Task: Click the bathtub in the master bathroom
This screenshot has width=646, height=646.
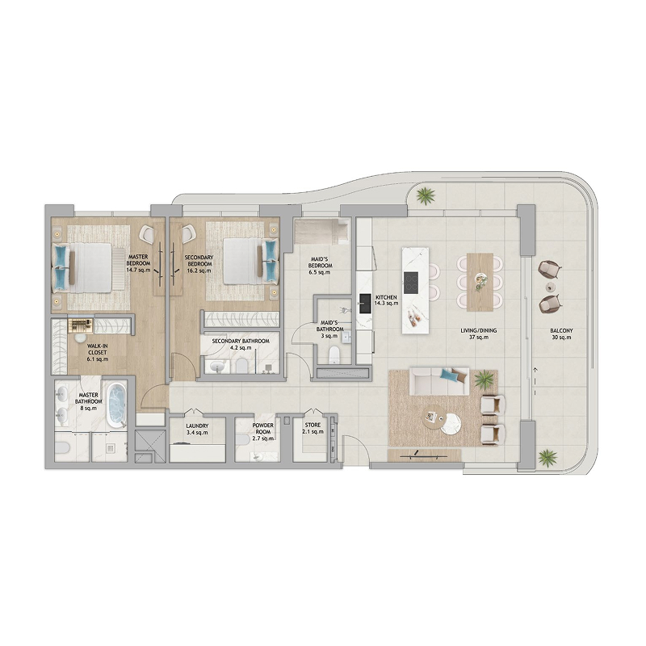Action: (116, 405)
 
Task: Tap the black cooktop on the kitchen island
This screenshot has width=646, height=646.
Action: (411, 283)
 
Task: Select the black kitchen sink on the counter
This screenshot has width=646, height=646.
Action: (365, 304)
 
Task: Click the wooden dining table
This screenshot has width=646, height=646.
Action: (480, 282)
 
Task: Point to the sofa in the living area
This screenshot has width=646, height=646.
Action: (439, 381)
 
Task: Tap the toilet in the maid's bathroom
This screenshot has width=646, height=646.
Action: (334, 354)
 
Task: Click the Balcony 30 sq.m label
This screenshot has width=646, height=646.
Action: (561, 334)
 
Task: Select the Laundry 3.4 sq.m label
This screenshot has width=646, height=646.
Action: (197, 430)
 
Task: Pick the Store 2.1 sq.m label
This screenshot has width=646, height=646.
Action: (313, 429)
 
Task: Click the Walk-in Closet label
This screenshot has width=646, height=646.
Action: (97, 353)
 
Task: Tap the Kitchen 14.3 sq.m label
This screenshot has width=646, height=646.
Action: (386, 300)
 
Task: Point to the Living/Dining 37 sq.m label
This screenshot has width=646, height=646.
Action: (478, 333)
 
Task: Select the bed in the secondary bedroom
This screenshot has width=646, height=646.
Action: (250, 261)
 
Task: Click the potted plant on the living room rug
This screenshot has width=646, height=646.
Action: (485, 380)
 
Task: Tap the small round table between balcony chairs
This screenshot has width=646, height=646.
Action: (550, 287)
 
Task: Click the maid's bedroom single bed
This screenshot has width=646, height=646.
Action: (322, 232)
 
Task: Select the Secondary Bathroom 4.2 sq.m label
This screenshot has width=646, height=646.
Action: (241, 345)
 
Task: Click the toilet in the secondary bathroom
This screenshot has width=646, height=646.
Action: (241, 365)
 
